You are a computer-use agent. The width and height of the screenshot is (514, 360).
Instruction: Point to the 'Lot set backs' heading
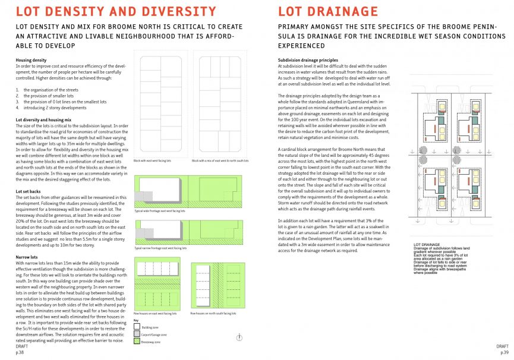[x=29, y=191]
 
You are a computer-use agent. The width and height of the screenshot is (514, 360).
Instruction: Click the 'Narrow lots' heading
[x=27, y=257]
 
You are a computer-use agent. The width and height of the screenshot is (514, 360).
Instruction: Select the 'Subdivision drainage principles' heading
[x=308, y=61]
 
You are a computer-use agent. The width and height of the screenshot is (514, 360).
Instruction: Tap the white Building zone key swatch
[x=137, y=326]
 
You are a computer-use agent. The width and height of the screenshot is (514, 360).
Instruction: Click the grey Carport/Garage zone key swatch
[x=137, y=334]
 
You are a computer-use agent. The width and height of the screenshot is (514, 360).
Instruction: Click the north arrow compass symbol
[x=239, y=337]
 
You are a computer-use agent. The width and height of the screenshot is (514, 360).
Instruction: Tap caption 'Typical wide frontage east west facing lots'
[x=160, y=211]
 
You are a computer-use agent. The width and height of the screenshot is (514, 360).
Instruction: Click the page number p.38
[x=20, y=352]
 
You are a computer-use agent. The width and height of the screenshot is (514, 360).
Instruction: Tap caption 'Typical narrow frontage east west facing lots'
[x=162, y=248]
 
